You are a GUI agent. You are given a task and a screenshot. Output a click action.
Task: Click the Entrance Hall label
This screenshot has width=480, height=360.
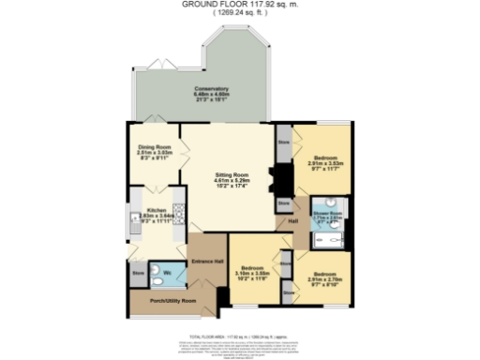coord(206,260)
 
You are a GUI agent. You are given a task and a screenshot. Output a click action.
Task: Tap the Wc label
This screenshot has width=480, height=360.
coord(166,273)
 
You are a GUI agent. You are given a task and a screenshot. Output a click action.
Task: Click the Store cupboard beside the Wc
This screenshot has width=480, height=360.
coord(138,274)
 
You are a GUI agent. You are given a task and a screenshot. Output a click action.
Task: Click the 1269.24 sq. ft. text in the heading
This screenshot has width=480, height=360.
coord(240,13)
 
